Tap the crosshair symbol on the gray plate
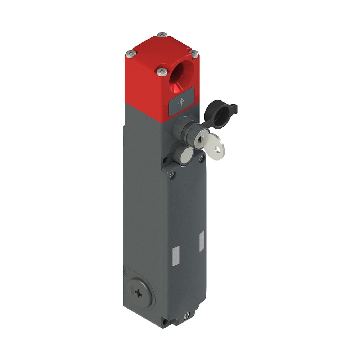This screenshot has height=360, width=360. [181, 102]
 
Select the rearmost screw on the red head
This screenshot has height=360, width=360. [162, 35]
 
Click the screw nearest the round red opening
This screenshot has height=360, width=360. [162, 72]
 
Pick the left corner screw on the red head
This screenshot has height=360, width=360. [131, 54]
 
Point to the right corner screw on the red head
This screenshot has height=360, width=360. [194, 54]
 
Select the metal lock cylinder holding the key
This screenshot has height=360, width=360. [200, 140]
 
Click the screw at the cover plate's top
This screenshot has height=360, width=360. [172, 175]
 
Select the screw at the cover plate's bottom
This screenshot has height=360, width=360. [186, 316]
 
